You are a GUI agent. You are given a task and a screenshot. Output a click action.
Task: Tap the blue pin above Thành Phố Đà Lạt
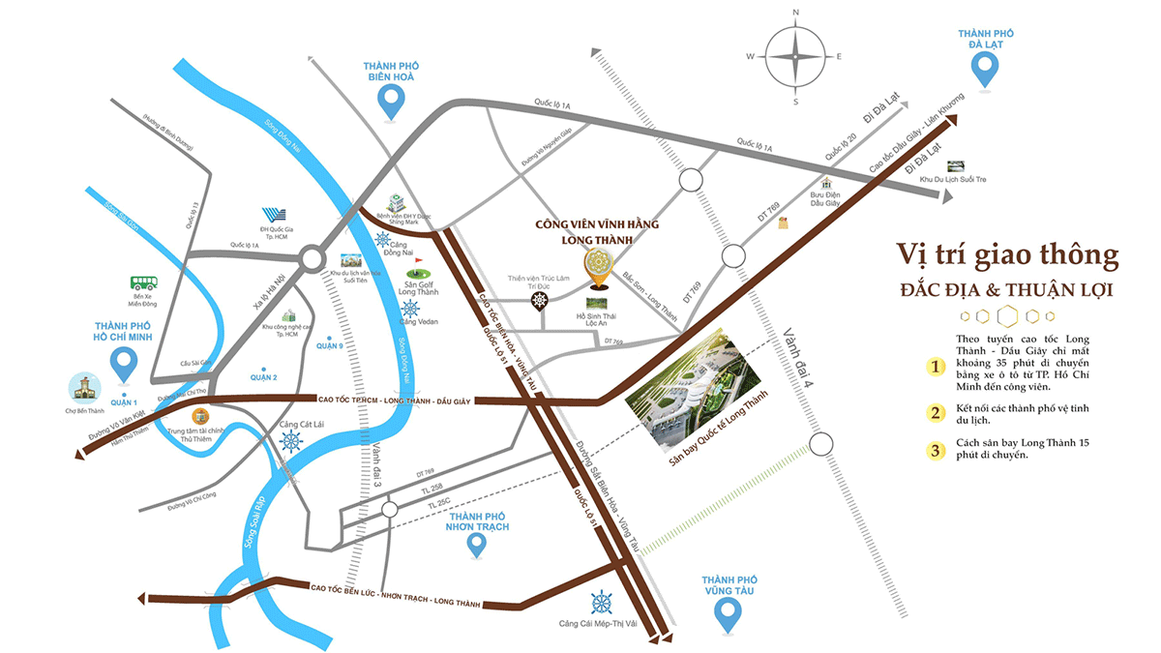point(985,69)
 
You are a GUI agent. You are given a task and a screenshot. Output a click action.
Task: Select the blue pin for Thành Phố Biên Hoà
point(390,100)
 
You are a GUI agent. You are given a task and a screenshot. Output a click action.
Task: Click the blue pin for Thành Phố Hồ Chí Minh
point(124,363)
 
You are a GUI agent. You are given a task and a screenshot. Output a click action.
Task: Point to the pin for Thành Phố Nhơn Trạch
point(475,544)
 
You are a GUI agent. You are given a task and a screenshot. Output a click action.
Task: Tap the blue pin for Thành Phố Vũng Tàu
point(727,612)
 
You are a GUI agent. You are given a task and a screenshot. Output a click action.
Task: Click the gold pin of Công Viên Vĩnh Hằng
point(597,267)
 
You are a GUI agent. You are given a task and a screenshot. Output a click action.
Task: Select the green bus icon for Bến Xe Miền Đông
point(144,283)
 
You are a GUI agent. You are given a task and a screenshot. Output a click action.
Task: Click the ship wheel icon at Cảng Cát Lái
point(290,442)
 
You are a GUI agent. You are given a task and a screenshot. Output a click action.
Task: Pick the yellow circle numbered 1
point(935,366)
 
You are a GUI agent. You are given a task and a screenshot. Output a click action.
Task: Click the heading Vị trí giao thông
point(1007,256)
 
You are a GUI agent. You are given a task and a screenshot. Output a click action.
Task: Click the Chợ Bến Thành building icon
point(83,387)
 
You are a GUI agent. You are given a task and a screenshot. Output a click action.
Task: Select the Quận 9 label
point(330,345)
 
